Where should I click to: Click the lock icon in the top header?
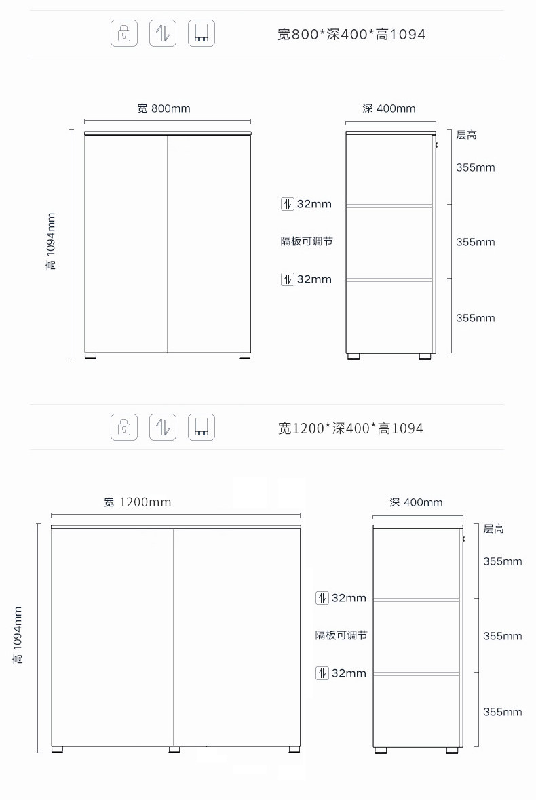point(123,33)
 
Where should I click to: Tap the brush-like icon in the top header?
point(201,33)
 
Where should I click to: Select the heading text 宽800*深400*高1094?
point(351,34)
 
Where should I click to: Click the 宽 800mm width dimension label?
point(164,108)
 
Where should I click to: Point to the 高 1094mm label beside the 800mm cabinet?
point(51,241)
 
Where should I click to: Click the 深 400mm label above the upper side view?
point(389,108)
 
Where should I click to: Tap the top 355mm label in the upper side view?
point(476,167)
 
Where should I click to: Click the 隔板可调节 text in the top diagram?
point(307,241)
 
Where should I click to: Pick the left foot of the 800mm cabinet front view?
point(91,355)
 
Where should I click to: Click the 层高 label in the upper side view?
point(466,136)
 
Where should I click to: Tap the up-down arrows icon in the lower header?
point(162,427)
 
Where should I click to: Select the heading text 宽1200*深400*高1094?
point(350,428)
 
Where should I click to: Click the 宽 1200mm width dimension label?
point(138,502)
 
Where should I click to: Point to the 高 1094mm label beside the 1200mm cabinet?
point(18,635)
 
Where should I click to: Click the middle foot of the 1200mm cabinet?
point(174,750)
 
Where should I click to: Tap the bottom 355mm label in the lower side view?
point(503,712)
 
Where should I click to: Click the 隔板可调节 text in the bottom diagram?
point(341,635)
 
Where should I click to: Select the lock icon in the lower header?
point(123,427)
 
